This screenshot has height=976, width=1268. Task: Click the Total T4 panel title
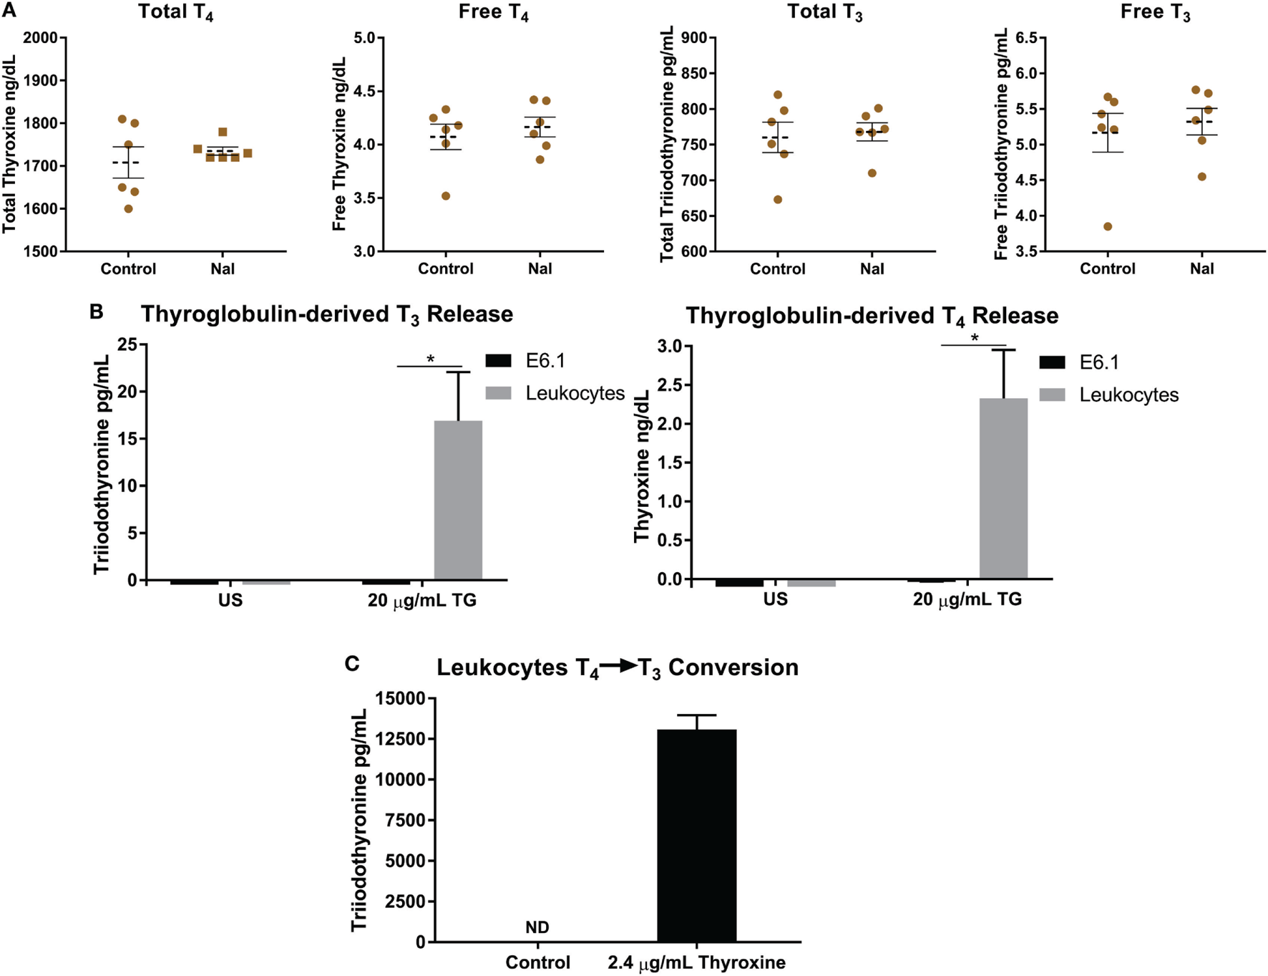pos(176,12)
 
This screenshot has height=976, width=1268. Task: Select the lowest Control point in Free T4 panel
pos(446,196)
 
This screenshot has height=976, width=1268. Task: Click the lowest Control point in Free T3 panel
pos(1108,226)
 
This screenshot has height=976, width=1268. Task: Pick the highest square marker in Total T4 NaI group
pos(223,132)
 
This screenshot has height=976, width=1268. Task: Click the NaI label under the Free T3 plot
pos(1201,269)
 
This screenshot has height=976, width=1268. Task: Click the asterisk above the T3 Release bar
pos(430,359)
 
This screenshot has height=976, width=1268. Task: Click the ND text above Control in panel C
pos(537,928)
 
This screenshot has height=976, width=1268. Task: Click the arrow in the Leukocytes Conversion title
pos(619,666)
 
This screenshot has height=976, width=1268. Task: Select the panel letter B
pos(96,312)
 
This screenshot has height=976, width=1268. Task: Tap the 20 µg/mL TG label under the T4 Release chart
pos(967,599)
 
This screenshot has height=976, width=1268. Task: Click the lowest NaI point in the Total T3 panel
pos(872,173)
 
